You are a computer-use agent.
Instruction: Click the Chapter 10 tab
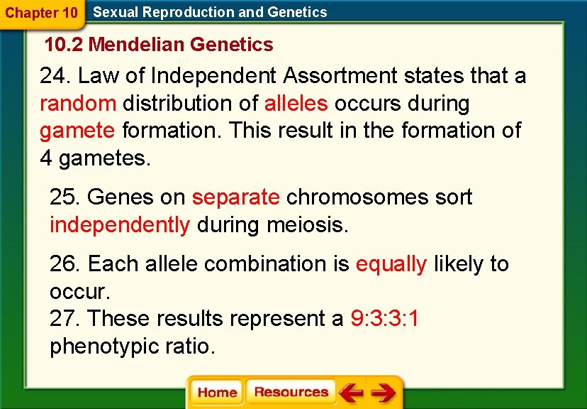pos(42,13)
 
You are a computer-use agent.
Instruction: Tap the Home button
pos(217,393)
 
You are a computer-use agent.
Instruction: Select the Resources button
pos(291,392)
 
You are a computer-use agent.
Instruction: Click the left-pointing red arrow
pos(351,393)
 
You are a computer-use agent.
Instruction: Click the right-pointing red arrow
pos(384,393)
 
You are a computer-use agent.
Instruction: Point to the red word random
pos(78,103)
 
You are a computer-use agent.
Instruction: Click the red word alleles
pos(296,103)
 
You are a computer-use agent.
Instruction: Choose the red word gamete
pos(77,131)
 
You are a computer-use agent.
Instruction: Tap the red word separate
pos(236,197)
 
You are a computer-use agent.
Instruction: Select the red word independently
pos(120,225)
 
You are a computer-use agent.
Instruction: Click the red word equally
pos(391,264)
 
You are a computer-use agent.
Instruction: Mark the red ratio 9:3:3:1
pos(384,318)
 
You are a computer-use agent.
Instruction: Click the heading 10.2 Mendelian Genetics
pos(159,44)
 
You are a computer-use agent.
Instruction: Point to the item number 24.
pos(55,75)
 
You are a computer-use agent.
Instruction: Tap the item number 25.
pos(65,197)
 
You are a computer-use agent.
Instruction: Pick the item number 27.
pos(65,318)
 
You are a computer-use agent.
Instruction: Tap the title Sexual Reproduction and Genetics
pos(210,12)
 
